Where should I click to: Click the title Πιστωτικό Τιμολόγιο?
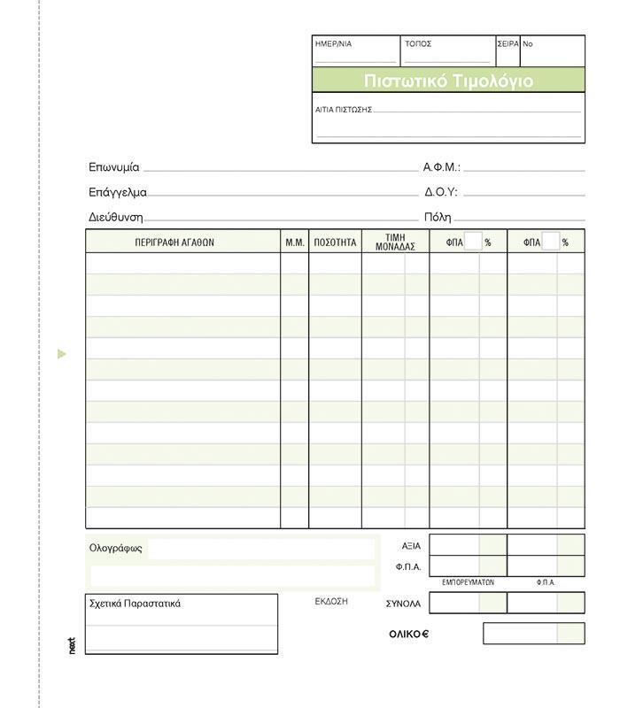pos(448,81)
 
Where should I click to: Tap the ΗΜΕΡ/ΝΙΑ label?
pos(333,43)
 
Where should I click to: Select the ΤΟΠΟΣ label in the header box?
pos(418,43)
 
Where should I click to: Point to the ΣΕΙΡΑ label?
pos(508,43)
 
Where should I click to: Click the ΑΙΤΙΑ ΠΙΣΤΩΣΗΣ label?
pos(344,110)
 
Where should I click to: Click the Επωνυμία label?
pos(114,167)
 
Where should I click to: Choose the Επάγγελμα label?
pos(118,192)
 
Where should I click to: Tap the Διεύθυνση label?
pos(115,217)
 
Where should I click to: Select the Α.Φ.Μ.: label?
pos(442,167)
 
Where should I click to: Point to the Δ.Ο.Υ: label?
pos(441,192)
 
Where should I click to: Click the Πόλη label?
pos(438,217)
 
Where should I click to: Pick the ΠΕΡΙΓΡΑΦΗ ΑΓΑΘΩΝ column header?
pos(174,242)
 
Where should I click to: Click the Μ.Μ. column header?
pos(295,242)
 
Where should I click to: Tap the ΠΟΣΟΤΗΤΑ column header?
pos(335,242)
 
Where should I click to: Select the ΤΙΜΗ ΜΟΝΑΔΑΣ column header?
pos(395,242)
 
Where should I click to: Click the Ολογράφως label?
pos(116,548)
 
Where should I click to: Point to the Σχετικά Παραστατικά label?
pos(135,604)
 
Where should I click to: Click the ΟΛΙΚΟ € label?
pos(408,634)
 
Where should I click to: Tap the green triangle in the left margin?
pos(61,354)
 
